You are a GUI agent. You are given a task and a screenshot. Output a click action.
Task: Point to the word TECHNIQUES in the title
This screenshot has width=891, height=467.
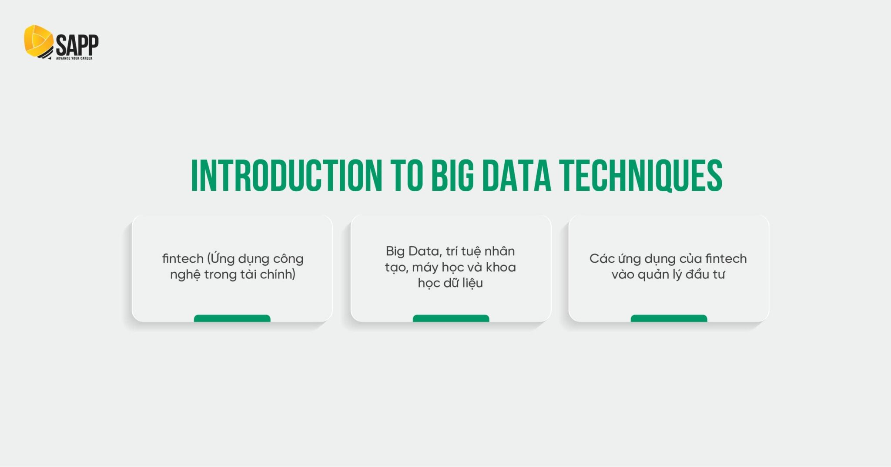[641, 176]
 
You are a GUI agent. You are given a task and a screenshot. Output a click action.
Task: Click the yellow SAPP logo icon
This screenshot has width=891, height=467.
[38, 41]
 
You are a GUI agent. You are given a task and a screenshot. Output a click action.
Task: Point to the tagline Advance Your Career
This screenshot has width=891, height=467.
[74, 58]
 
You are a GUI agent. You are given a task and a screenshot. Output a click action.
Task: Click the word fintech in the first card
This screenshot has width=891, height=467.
[183, 258]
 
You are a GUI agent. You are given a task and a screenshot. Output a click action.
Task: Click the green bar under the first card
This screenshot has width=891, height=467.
[232, 318]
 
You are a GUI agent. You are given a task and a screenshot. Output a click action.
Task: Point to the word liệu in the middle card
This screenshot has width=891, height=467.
[472, 283]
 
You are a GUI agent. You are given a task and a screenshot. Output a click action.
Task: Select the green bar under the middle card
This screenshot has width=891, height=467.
[451, 318]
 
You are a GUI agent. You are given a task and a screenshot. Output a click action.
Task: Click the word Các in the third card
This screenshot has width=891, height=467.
[601, 258]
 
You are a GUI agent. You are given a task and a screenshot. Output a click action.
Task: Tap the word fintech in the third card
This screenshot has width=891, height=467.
[726, 258]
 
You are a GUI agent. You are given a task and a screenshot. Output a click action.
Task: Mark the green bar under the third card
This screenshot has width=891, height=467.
[669, 318]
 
